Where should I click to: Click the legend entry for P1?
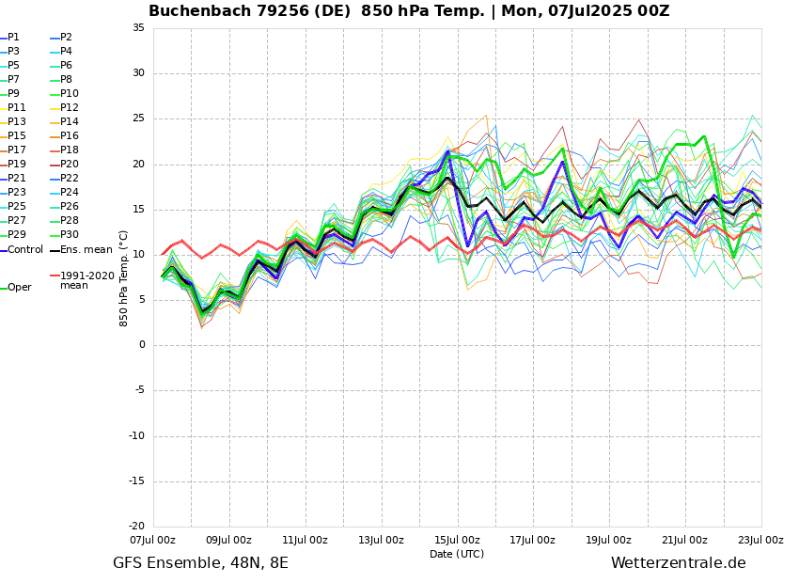click(13, 38)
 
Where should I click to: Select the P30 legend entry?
click(69, 235)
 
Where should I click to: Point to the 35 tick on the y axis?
click(138, 28)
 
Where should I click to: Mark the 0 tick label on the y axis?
click(141, 345)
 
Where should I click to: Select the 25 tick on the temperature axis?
click(138, 119)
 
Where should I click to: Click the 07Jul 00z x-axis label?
click(152, 540)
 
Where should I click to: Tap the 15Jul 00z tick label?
click(457, 540)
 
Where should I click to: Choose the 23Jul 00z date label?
click(760, 540)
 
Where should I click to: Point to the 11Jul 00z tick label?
click(305, 540)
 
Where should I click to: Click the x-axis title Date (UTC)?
click(457, 554)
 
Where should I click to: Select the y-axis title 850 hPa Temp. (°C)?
click(124, 277)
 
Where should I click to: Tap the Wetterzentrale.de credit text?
click(678, 563)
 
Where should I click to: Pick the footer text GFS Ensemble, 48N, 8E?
click(200, 563)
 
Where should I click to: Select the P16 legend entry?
click(69, 136)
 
